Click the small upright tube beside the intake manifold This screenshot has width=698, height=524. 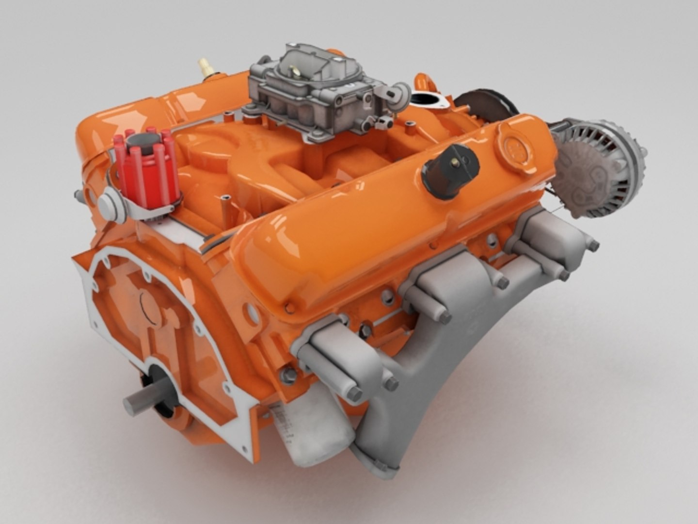tap(225, 209)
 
